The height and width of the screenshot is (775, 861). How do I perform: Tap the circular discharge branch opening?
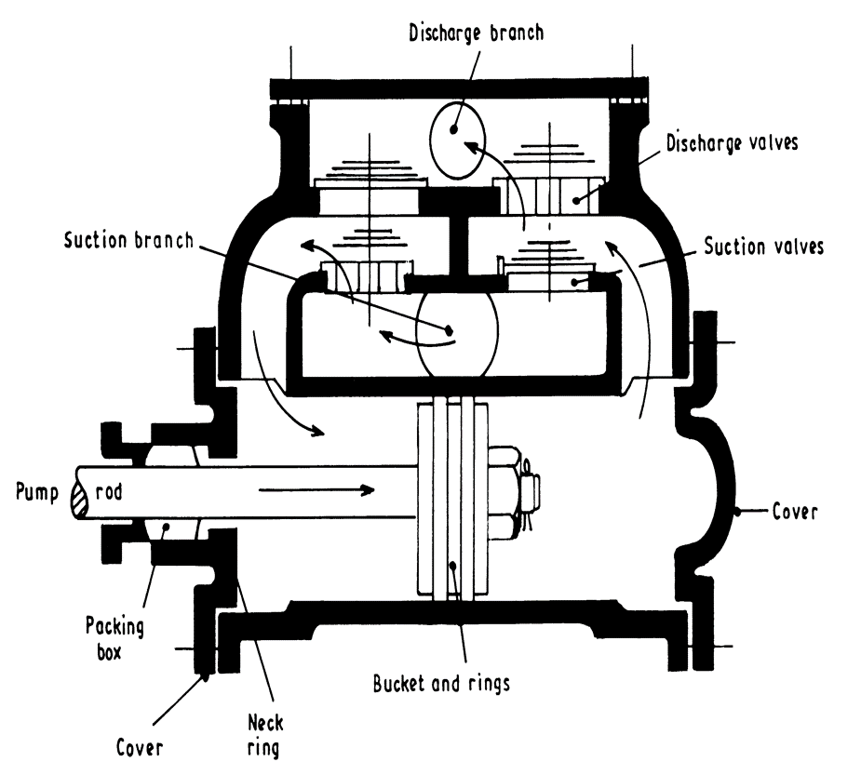tap(459, 138)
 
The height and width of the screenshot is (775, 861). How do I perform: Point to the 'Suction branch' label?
tap(128, 240)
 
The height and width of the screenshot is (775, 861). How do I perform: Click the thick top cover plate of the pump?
tap(461, 89)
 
